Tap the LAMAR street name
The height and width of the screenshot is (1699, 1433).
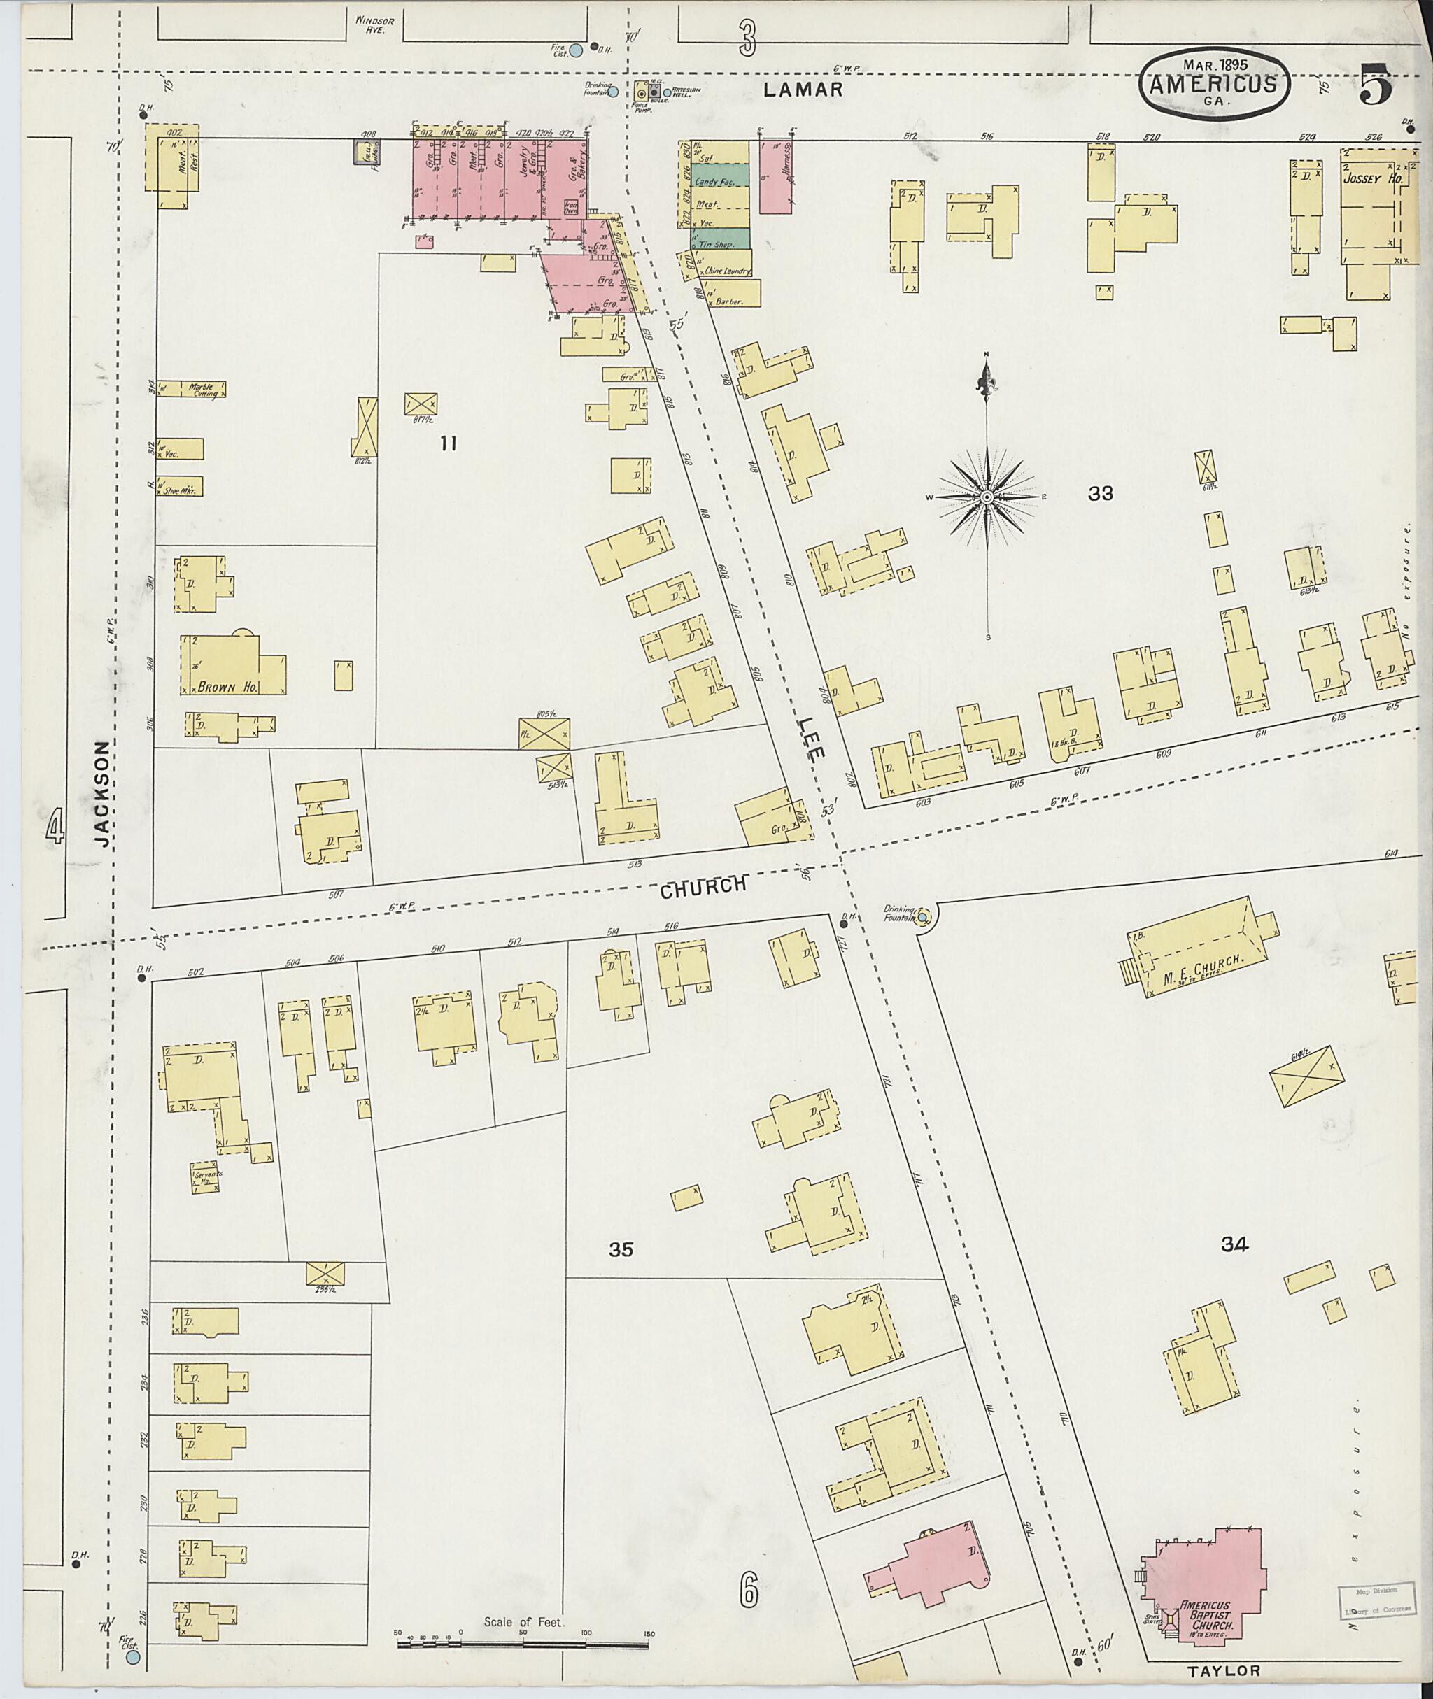click(x=803, y=90)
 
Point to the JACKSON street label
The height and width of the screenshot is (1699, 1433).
click(x=101, y=793)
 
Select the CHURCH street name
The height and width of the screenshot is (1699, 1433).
click(x=703, y=886)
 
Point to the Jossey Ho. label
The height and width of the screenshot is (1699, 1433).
click(x=1372, y=178)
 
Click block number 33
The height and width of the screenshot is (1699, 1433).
click(x=1100, y=493)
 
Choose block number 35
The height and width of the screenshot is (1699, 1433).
click(x=620, y=1250)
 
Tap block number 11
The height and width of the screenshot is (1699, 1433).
click(x=448, y=443)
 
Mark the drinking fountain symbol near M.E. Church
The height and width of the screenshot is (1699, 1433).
click(x=923, y=918)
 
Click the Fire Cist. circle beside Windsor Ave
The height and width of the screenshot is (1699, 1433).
click(x=575, y=50)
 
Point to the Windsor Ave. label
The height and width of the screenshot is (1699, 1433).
click(x=375, y=24)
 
